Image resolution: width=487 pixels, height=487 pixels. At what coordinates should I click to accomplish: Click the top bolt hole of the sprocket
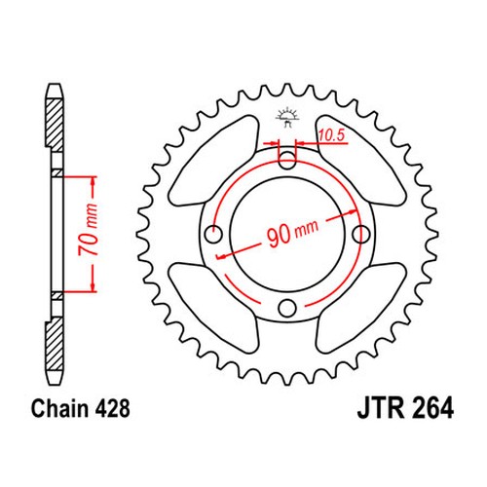287,160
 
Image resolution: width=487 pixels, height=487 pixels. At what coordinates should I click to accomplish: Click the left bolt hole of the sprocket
214,234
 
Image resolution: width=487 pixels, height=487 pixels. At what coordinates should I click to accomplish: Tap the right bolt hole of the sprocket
361,234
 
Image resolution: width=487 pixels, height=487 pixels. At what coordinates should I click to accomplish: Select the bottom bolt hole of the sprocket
287,308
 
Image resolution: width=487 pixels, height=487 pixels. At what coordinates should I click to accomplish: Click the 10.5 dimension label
331,135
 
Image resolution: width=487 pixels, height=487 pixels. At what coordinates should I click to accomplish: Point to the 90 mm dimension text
292,233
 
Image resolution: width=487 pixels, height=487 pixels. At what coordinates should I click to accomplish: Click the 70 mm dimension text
88,230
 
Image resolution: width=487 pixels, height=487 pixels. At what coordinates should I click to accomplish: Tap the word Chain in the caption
59,408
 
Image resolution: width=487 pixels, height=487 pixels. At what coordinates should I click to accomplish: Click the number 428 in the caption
112,408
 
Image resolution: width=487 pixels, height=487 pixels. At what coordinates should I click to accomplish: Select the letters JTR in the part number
381,408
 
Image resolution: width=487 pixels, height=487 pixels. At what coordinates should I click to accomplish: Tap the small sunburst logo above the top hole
286,118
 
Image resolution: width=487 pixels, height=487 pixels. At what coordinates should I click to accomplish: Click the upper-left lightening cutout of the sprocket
214,161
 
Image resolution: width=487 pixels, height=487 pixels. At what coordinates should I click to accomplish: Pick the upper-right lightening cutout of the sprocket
361,160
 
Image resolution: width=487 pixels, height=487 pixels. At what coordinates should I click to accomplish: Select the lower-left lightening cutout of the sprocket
214,308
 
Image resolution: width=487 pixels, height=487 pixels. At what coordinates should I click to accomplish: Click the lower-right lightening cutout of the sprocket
361,308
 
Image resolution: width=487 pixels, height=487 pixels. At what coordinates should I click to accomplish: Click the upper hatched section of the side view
55,125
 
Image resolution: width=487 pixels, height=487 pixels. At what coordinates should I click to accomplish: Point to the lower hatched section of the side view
55,343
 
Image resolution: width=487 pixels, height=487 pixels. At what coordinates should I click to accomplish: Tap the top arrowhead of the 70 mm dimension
94,182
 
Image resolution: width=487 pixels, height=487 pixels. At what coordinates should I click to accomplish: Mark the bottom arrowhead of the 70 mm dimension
94,286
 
